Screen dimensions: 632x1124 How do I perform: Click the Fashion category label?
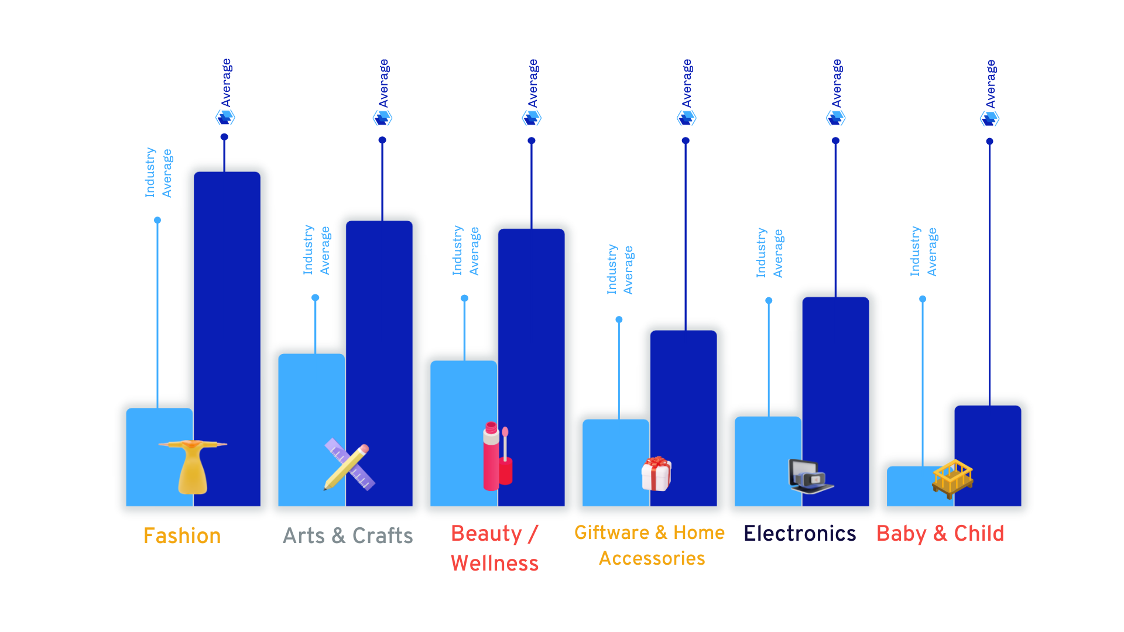tap(182, 535)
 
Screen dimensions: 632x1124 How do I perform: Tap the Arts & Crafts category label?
tap(348, 535)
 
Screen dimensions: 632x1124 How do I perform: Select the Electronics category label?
tap(800, 533)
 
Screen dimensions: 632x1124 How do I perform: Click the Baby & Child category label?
tap(940, 533)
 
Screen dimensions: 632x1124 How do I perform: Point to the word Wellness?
tap(495, 563)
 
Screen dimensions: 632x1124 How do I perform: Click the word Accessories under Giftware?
tap(652, 558)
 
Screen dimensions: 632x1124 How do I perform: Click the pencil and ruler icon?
tap(349, 465)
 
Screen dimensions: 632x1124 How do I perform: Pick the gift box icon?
tap(656, 473)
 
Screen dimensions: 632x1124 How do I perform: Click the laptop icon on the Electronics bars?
tap(810, 476)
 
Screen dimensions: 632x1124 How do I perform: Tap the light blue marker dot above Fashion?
tap(157, 220)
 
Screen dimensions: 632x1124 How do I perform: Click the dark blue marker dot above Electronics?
tap(835, 140)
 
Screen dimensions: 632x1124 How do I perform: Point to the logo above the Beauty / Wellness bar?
tap(532, 118)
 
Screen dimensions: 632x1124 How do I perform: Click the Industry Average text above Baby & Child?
tap(923, 252)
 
